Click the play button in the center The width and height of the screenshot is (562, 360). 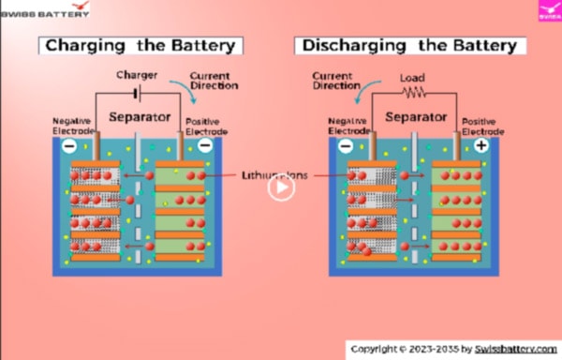coord(281,187)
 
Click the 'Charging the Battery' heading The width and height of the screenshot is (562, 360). coord(140,45)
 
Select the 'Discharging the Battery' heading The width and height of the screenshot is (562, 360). coord(408,45)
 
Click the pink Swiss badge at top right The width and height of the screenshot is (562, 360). coord(549,10)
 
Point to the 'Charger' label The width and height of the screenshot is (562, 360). coord(136,74)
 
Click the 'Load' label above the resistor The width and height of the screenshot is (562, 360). coord(412,78)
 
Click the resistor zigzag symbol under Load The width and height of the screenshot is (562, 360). coord(412,93)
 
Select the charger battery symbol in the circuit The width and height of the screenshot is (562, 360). coord(137,94)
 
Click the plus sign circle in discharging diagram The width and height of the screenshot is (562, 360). coord(481,146)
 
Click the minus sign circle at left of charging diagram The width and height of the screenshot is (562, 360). coord(69,146)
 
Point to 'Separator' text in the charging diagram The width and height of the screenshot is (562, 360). coord(140,117)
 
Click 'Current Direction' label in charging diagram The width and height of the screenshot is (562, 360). coord(214,80)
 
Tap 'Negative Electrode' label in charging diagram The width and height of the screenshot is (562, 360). coord(73,126)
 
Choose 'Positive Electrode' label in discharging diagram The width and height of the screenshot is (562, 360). coord(480,127)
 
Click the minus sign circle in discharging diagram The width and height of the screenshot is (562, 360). coord(346,146)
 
